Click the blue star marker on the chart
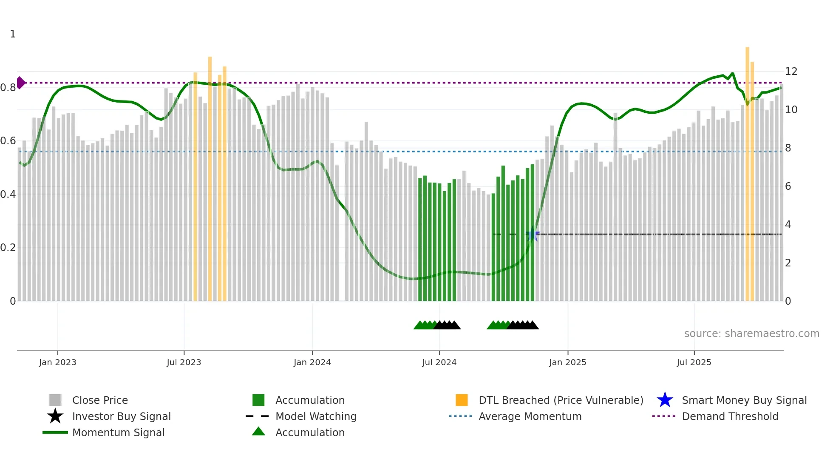click(x=532, y=234)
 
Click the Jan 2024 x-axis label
click(x=312, y=362)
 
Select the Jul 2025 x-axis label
click(x=694, y=362)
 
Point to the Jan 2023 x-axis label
click(x=57, y=362)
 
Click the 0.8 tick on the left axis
click(x=8, y=88)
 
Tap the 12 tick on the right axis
click(x=791, y=71)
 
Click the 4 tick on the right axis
click(x=788, y=225)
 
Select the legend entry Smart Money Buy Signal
click(x=744, y=400)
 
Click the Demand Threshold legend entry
click(x=730, y=416)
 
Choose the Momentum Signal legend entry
click(x=118, y=432)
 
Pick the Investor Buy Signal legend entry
click(x=121, y=416)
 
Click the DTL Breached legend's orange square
click(x=462, y=400)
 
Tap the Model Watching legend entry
click(x=315, y=416)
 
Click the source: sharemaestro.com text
click(x=751, y=334)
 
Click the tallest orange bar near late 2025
click(x=747, y=170)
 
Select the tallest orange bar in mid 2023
click(x=210, y=179)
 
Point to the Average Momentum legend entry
click(x=530, y=416)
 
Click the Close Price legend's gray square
click(x=55, y=400)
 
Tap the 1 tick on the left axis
click(x=13, y=34)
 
